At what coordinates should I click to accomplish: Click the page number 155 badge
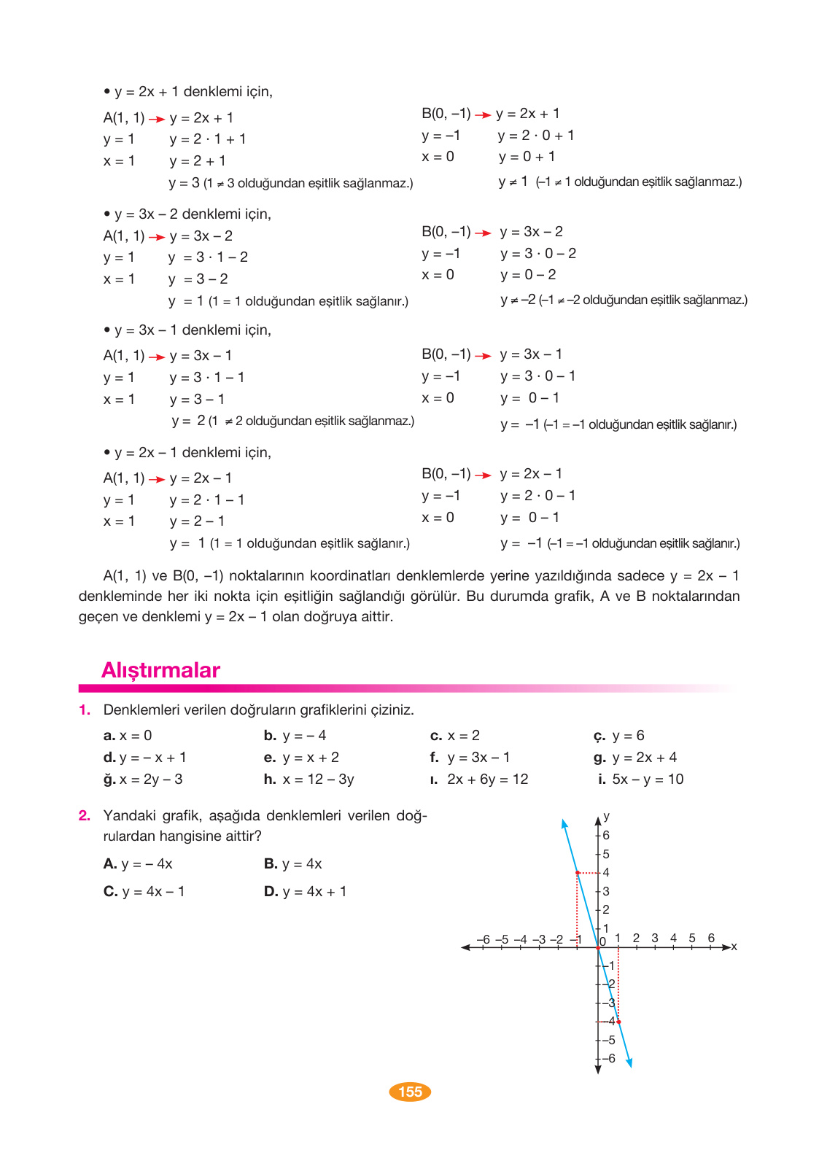[410, 1092]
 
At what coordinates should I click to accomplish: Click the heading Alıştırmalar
[160, 670]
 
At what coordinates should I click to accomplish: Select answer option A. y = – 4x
[138, 864]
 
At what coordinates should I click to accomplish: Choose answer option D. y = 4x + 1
[305, 892]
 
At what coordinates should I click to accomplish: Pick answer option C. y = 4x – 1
[144, 892]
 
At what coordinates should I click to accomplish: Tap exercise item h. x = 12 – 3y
[308, 780]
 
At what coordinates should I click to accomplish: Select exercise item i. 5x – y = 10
[640, 780]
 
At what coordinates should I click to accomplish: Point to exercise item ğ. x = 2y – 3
[143, 780]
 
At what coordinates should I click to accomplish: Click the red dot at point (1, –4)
[618, 1022]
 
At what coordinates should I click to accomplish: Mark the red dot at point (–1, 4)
[578, 873]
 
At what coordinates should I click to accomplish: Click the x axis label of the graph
[734, 947]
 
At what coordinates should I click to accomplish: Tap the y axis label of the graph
[607, 817]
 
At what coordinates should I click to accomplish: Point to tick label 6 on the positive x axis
[711, 938]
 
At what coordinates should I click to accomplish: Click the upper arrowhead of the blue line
[564, 823]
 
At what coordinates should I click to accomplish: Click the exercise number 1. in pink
[85, 710]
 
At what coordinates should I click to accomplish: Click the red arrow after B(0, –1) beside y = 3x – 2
[483, 233]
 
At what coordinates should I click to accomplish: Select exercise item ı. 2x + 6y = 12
[479, 780]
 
